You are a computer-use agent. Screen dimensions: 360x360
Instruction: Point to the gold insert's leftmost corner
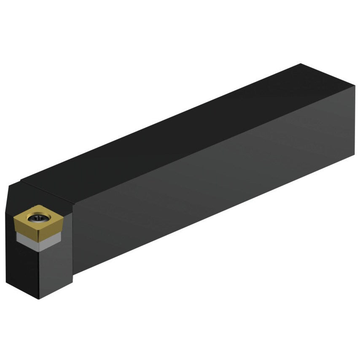pos(14,218)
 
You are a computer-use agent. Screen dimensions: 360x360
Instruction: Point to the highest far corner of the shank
pos(301,64)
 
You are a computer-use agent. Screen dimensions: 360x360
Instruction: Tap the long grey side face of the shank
pos(211,190)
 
